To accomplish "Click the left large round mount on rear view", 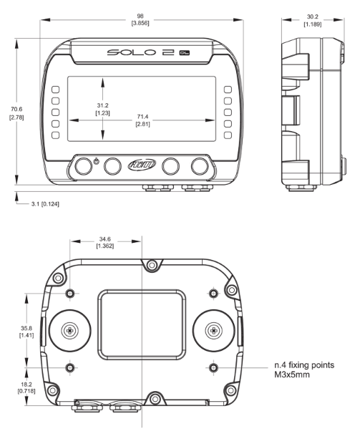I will (70, 330).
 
